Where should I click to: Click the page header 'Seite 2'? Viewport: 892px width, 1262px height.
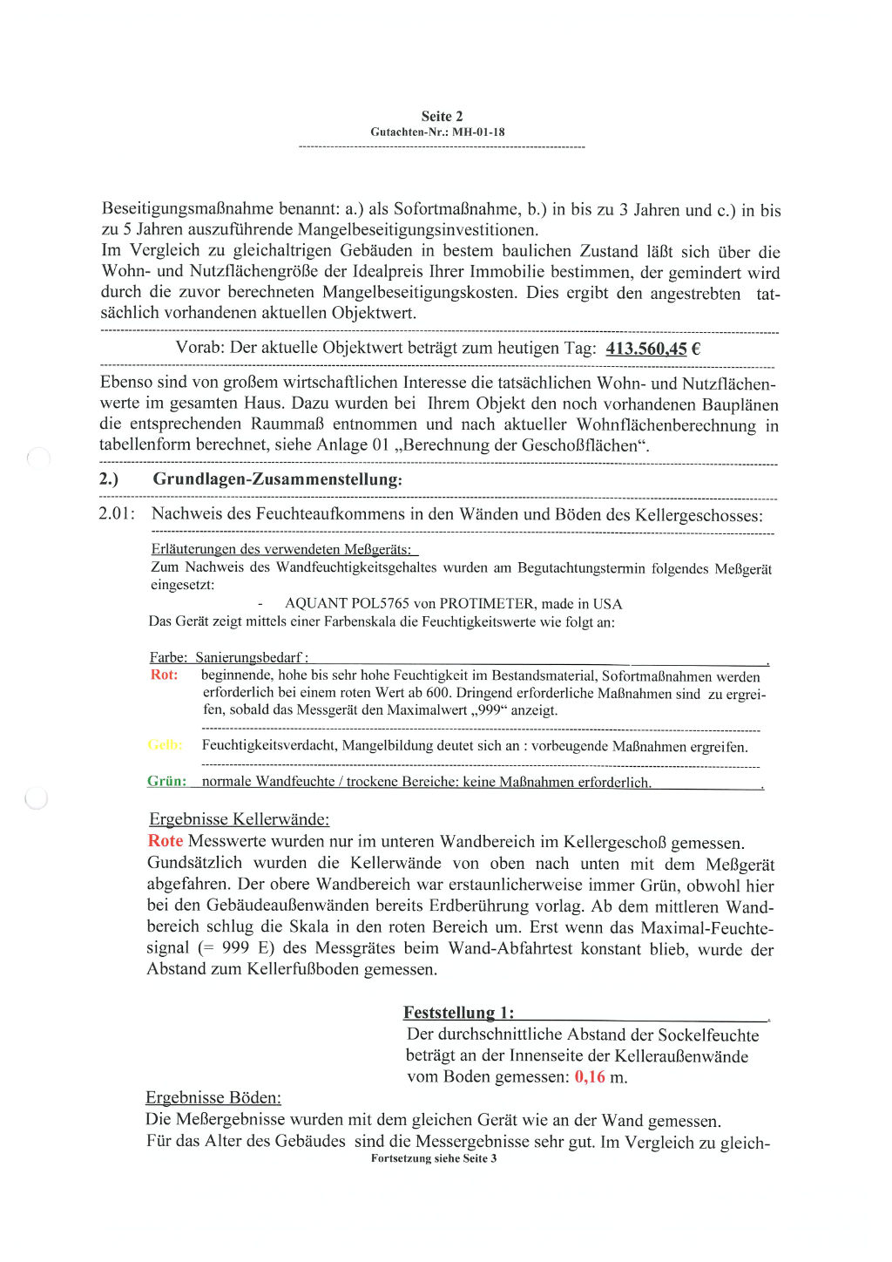pyautogui.click(x=442, y=116)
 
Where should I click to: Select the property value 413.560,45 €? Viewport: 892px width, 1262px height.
pyautogui.click(x=652, y=349)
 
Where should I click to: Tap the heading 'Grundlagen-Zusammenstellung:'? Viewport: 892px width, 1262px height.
pyautogui.click(x=277, y=479)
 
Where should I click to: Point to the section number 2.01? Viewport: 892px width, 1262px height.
pyautogui.click(x=117, y=513)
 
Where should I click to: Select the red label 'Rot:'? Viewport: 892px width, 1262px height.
pyautogui.click(x=164, y=675)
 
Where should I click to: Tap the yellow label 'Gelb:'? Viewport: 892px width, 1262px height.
pyautogui.click(x=165, y=744)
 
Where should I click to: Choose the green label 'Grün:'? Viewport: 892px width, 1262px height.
pyautogui.click(x=166, y=781)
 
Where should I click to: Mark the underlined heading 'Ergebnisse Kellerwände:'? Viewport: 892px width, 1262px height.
pyautogui.click(x=239, y=819)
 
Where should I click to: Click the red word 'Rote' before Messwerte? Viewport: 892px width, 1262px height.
pyautogui.click(x=166, y=841)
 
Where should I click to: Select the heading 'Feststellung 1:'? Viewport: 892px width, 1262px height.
pyautogui.click(x=458, y=1012)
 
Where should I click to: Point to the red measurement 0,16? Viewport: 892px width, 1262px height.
pyautogui.click(x=590, y=1077)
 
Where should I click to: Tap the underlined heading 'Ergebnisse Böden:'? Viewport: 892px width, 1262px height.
pyautogui.click(x=213, y=1097)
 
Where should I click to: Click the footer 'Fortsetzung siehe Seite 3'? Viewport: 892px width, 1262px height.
pyautogui.click(x=434, y=1158)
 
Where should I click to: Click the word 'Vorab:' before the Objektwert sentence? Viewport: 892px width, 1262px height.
pyautogui.click(x=199, y=348)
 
